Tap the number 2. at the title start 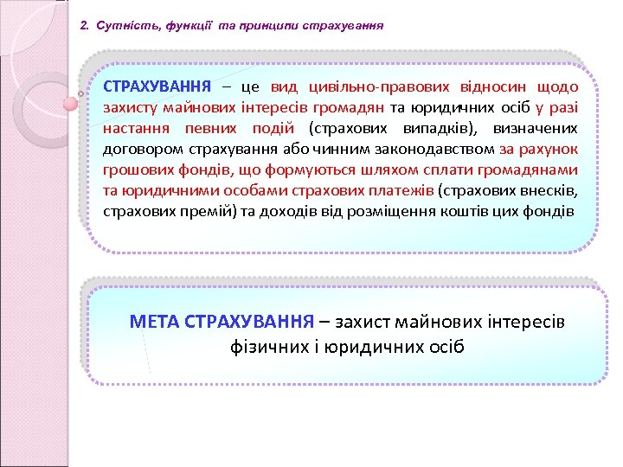pyautogui.click(x=84, y=26)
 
